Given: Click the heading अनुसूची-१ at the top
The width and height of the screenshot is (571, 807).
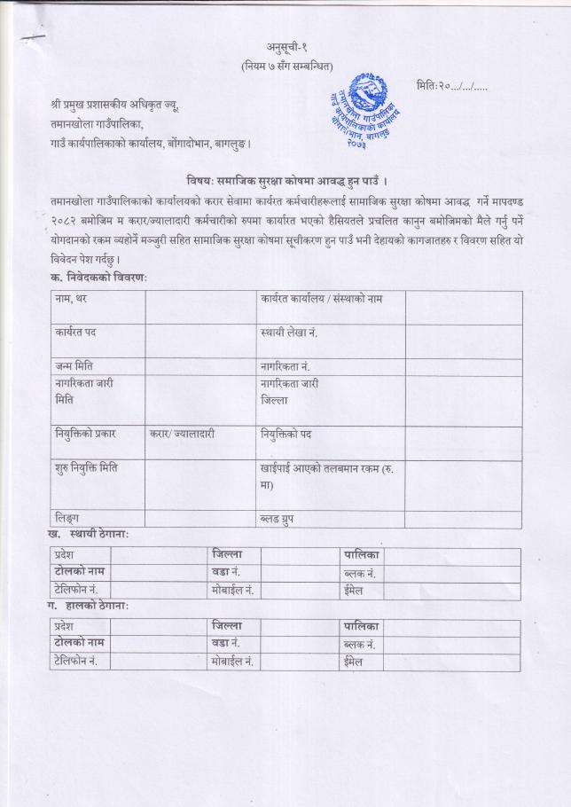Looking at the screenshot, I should (x=285, y=47).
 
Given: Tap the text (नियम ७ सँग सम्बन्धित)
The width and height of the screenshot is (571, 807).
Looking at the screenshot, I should (x=285, y=66).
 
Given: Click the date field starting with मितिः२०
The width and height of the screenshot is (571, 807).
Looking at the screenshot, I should (x=451, y=86).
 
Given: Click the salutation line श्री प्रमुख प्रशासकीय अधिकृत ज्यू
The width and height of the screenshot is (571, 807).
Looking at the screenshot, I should (x=114, y=106).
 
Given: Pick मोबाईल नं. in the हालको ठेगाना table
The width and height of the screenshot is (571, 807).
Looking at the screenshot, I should (x=233, y=662).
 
